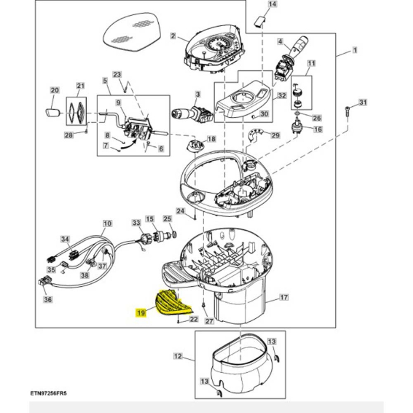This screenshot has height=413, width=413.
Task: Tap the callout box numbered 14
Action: click(x=272, y=5)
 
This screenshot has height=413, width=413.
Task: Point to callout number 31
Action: click(x=363, y=103)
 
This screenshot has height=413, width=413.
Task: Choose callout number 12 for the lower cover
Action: click(x=177, y=356)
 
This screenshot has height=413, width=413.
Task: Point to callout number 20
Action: click(x=54, y=91)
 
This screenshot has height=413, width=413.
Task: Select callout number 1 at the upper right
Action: click(x=355, y=52)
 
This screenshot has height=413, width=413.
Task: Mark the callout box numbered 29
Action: click(x=275, y=136)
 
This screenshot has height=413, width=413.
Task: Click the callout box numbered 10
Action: click(x=107, y=224)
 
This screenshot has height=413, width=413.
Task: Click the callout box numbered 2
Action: click(x=173, y=36)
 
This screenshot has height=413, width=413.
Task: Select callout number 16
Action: click(x=317, y=129)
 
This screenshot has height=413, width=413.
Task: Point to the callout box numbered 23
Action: click(x=117, y=74)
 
